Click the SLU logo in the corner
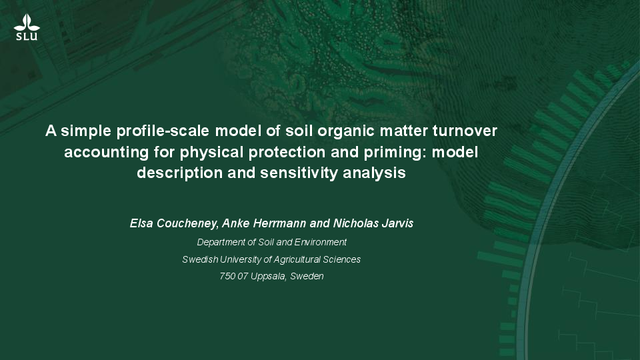27,27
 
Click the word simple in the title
86,131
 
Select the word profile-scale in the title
163,131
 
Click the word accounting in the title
106,153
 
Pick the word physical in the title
211,153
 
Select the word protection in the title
287,152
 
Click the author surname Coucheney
188,224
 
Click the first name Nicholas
355,223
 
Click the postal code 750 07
233,276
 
